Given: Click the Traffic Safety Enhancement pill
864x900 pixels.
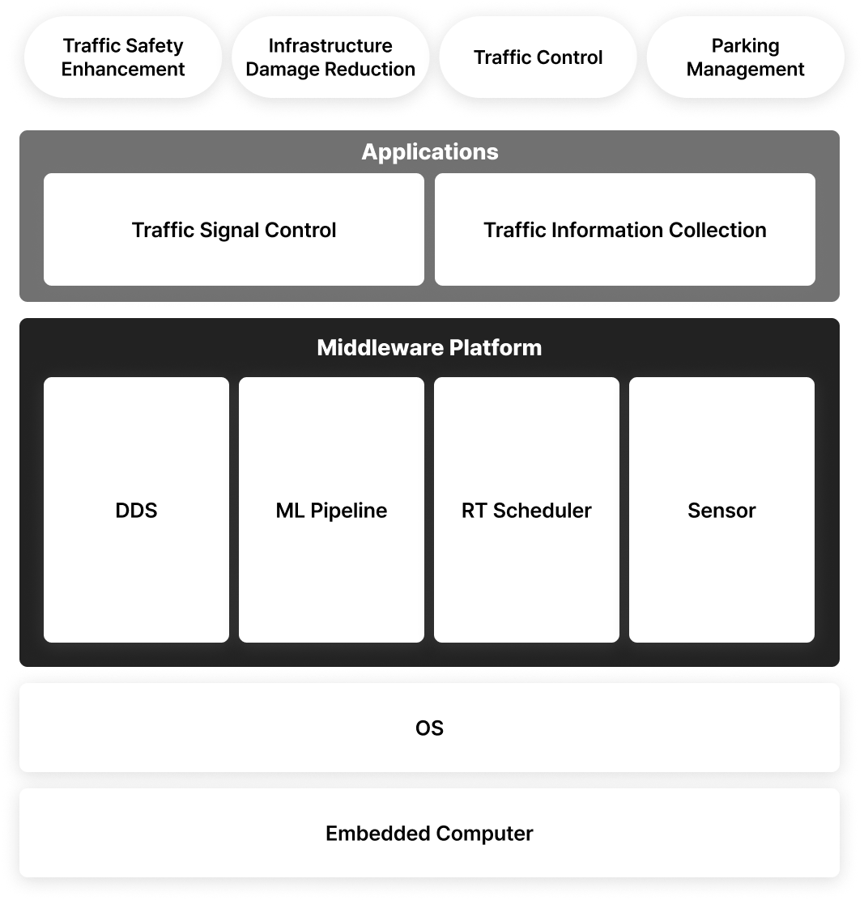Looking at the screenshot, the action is pos(123,57).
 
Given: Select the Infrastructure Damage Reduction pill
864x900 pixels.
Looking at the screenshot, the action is pos(330,57).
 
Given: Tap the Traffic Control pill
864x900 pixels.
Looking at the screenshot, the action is pos(538,57).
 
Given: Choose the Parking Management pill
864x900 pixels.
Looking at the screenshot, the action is pos(745,57).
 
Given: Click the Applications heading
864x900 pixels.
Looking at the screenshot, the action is pos(430,151).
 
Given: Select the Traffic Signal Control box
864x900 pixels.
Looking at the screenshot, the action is pos(234,230).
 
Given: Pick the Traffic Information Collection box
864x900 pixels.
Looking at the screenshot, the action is pos(624,230).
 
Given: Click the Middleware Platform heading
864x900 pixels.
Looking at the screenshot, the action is pos(429,347).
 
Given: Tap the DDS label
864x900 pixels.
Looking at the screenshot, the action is pos(136,510).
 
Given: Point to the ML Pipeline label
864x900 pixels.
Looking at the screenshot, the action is pos(331,510).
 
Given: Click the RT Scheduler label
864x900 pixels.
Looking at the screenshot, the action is pos(526,510).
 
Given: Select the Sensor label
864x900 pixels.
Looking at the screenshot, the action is pos(721,510).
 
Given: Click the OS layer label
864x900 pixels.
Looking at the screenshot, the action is pos(429,728).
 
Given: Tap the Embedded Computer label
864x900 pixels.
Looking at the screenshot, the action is pos(429,833).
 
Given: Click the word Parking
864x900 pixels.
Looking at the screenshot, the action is pos(745,46).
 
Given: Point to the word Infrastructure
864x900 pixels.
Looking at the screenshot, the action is pos(330,45).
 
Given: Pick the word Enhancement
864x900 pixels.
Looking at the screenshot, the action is pos(123,69).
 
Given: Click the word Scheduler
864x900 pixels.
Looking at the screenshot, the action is pos(542,510).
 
